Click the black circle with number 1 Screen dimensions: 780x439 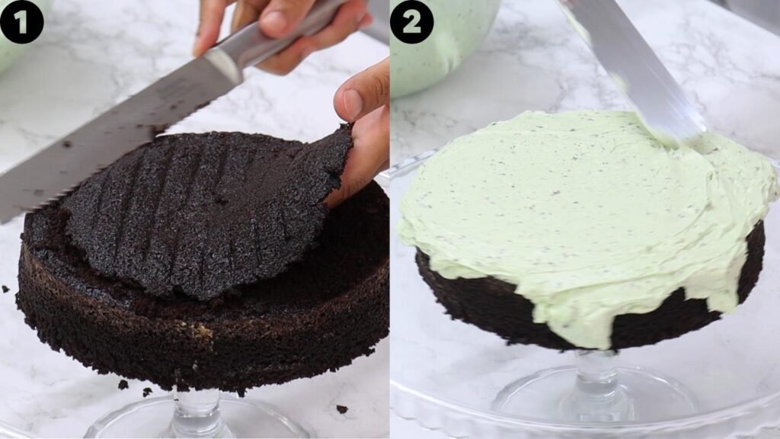[21, 21]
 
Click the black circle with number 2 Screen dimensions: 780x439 [411, 21]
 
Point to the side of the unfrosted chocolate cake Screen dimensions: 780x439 [199, 338]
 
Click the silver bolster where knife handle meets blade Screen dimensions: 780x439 [224, 65]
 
